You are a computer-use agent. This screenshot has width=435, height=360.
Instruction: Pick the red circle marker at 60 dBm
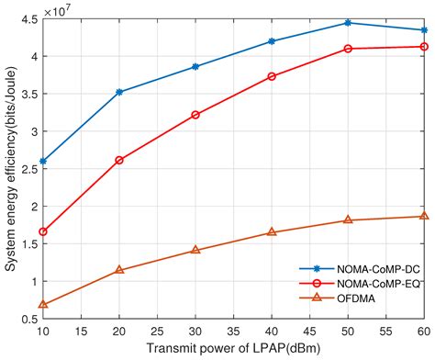click(x=423, y=47)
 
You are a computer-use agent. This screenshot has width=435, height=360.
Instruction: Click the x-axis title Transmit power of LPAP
click(x=233, y=350)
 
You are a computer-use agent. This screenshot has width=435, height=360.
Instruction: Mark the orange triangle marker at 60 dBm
click(x=423, y=216)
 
